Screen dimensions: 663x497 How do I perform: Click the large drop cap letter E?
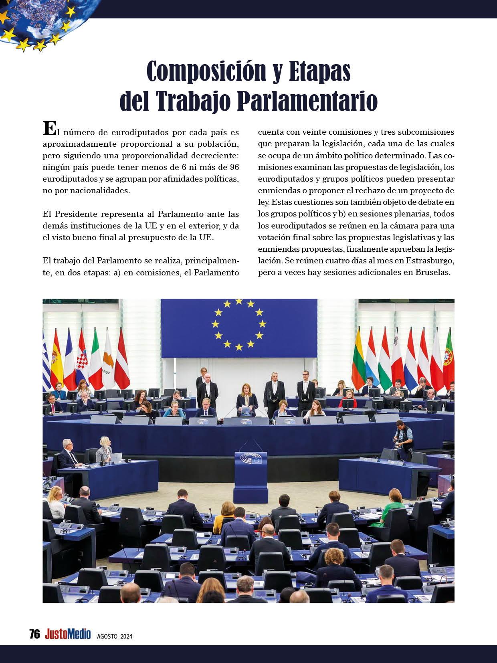click(48, 129)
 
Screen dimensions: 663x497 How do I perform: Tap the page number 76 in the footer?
click(34, 634)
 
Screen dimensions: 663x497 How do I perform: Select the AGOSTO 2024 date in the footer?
click(115, 636)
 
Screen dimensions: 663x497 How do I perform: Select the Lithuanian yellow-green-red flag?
click(358, 363)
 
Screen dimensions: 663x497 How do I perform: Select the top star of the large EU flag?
click(239, 301)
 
